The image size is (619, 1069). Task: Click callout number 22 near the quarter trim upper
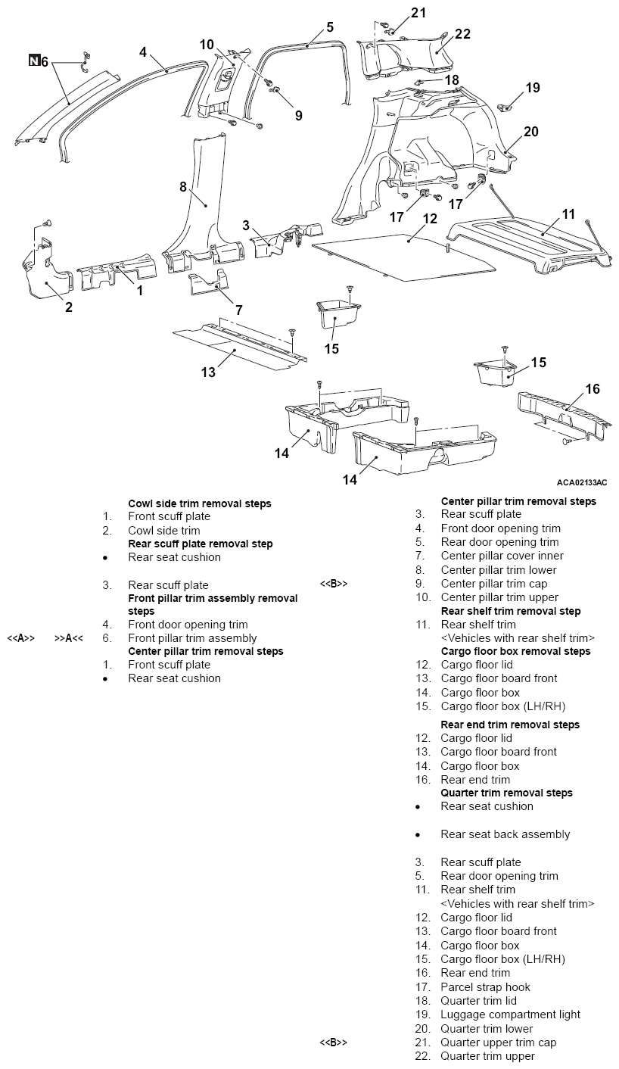(x=462, y=34)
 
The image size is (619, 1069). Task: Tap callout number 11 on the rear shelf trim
(x=568, y=213)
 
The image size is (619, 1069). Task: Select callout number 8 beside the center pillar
(x=183, y=186)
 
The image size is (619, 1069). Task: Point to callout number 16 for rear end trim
(x=593, y=389)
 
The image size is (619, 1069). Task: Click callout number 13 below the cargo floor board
(x=208, y=372)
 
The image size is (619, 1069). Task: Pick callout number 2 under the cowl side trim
(x=69, y=307)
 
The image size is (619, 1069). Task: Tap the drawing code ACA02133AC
(x=582, y=482)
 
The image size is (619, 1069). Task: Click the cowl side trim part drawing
(x=46, y=272)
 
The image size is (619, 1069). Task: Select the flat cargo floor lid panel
(x=403, y=257)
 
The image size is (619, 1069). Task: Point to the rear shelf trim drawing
(x=530, y=246)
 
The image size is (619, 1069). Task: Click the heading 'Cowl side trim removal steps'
(x=199, y=503)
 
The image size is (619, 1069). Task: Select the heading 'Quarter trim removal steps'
(x=506, y=793)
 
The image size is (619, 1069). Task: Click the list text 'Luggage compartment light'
(x=510, y=1014)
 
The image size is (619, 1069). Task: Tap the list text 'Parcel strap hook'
(x=486, y=987)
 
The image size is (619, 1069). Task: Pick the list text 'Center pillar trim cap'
(x=494, y=584)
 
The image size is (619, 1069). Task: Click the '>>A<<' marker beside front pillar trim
(x=69, y=638)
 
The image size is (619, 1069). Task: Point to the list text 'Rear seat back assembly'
(x=505, y=834)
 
